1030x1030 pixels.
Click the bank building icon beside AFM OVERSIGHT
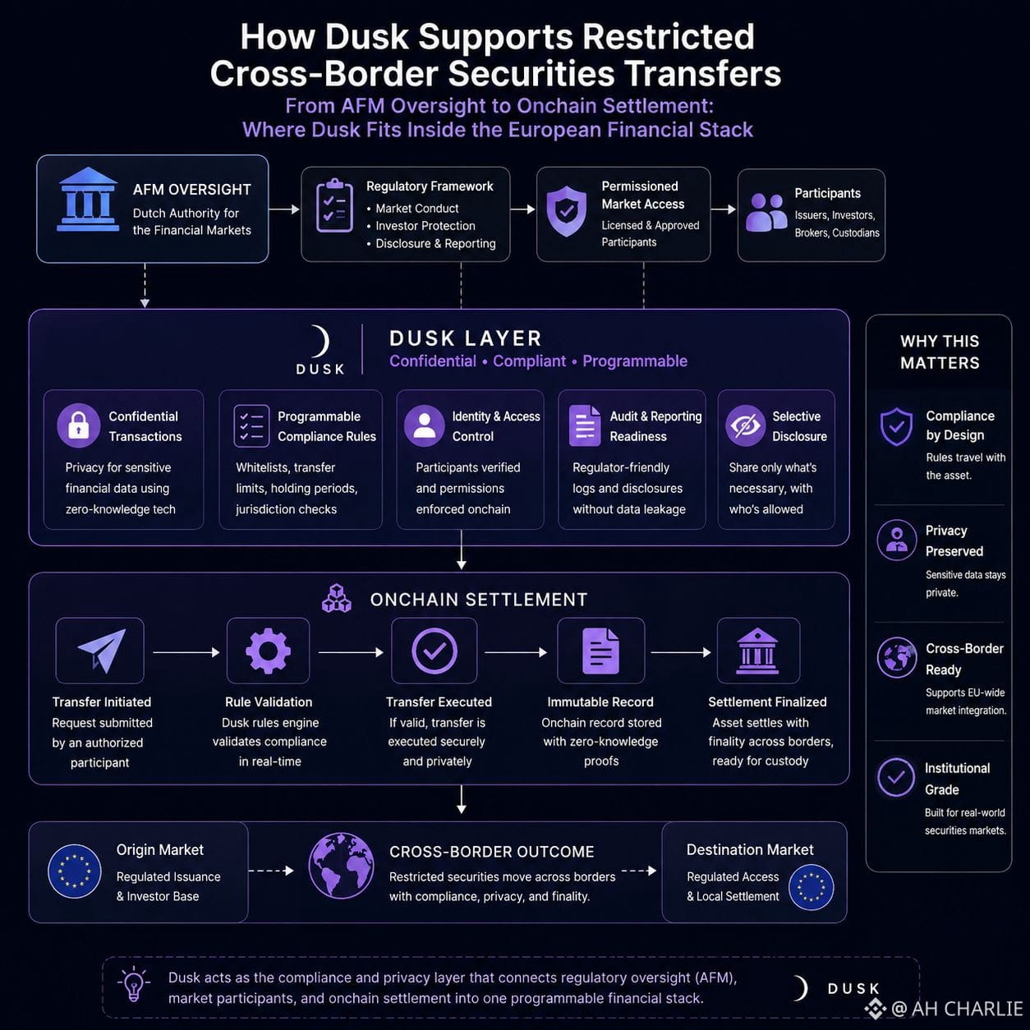88,200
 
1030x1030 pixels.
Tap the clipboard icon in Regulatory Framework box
334,206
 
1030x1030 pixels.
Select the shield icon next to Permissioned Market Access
566,212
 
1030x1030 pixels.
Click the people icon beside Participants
766,213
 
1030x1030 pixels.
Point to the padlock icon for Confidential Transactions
79,425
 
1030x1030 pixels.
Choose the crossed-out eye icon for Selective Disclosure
745,425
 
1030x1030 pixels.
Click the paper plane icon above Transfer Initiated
102,650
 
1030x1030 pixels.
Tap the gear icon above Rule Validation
268,651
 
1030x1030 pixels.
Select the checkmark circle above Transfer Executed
434,651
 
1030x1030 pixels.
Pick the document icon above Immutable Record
600,651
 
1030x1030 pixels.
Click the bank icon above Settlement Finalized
757,651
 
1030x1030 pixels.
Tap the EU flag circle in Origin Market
74,871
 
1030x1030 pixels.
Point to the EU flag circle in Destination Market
811,888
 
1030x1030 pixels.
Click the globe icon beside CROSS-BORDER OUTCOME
341,866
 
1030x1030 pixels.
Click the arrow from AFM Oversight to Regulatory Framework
284,209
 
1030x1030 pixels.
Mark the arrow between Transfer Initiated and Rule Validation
186,652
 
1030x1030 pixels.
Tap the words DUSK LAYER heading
466,338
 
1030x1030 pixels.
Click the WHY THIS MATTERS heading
940,352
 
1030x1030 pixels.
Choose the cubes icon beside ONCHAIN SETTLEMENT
337,598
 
